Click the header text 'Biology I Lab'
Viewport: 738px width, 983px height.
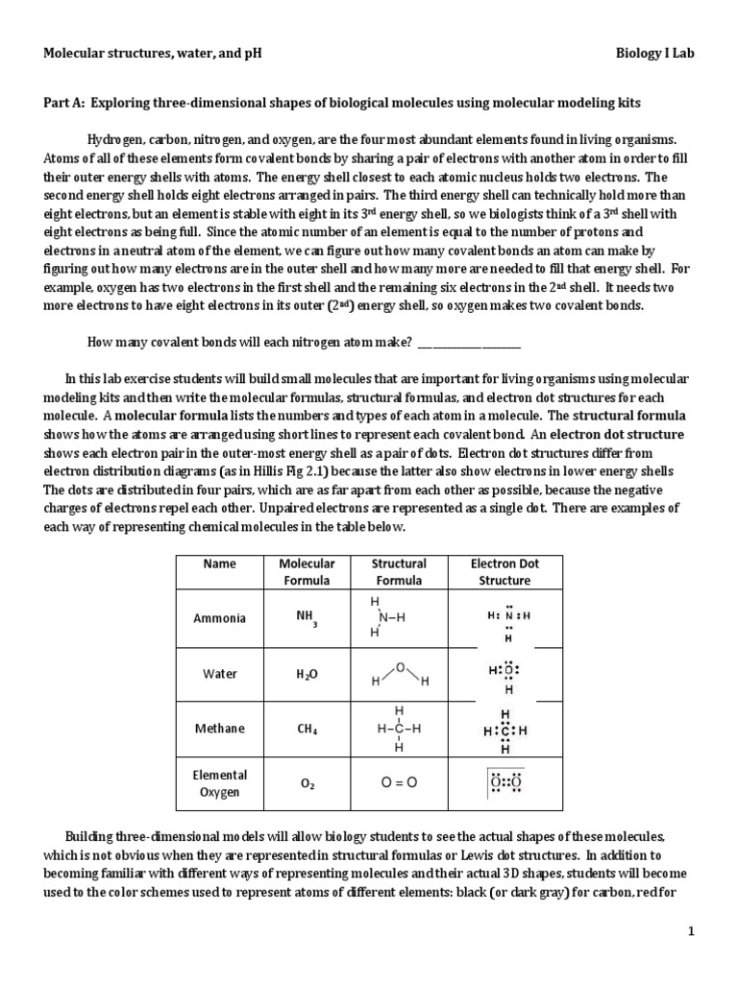pos(654,54)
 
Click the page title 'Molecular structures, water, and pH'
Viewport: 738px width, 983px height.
pos(152,54)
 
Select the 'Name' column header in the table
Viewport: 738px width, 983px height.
pos(219,563)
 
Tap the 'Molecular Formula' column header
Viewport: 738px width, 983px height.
pos(307,572)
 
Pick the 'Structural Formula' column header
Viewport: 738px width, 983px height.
pos(399,572)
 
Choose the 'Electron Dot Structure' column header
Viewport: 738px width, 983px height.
pos(504,572)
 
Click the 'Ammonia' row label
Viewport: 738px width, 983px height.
pos(219,618)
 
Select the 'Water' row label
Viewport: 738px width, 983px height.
pos(219,674)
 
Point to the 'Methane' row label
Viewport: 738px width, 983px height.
pos(219,729)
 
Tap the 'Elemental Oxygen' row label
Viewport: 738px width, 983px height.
pos(219,783)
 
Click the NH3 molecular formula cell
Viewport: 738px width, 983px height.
pos(307,619)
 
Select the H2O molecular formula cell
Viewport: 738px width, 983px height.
pos(307,675)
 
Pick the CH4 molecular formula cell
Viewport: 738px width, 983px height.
pos(307,730)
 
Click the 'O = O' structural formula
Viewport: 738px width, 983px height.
pos(399,783)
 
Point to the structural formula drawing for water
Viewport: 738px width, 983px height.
pos(399,674)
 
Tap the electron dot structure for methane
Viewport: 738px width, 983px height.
pos(505,730)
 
